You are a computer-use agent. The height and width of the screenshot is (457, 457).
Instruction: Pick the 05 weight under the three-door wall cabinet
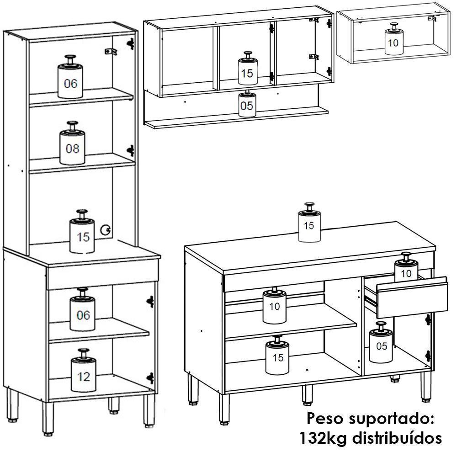[x=247, y=105]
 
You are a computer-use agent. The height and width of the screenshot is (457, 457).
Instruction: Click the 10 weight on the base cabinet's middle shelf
[x=274, y=305]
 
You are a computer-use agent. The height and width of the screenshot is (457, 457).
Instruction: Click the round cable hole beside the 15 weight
[x=106, y=230]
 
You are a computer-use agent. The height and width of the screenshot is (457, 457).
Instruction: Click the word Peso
[x=325, y=418]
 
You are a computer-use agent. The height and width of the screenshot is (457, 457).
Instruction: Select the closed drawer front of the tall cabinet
[x=103, y=277]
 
